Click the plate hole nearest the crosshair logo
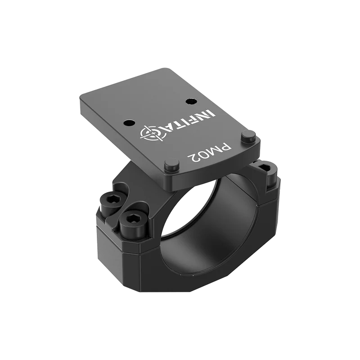[130, 122]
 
